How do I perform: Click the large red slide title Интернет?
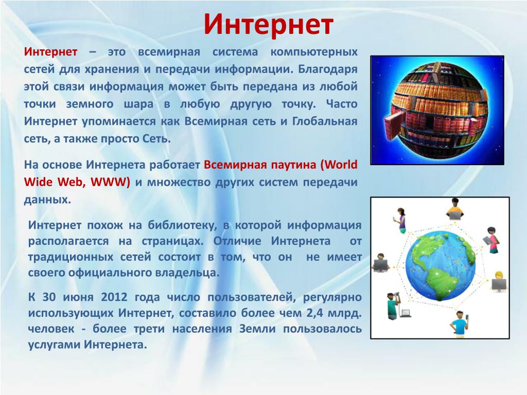tap(268, 24)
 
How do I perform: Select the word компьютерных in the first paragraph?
tap(314, 52)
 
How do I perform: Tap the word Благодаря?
tap(328, 69)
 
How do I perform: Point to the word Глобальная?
tap(325, 121)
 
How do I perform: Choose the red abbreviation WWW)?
tap(110, 182)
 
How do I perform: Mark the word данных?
tap(47, 200)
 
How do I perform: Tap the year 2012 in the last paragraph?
tap(114, 297)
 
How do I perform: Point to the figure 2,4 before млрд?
tap(314, 313)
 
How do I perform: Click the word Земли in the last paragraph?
tap(257, 329)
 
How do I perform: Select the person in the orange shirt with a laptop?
tap(455, 209)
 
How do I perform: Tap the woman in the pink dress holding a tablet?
tap(490, 240)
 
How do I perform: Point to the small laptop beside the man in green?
tap(406, 314)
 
